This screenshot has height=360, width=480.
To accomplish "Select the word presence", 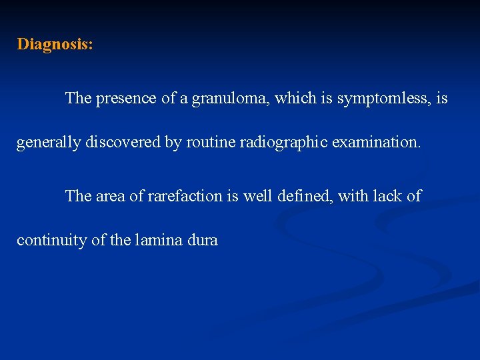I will (x=126, y=99).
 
